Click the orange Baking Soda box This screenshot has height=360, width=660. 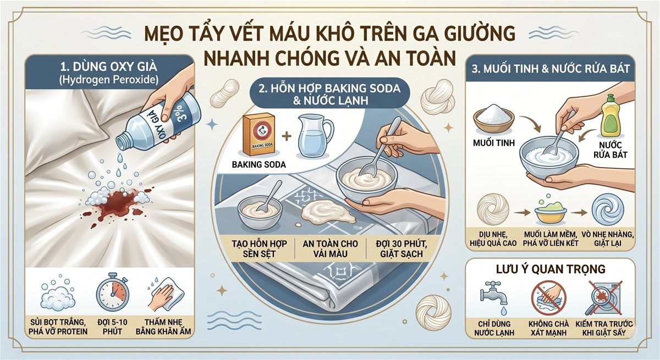coord(261,135)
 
